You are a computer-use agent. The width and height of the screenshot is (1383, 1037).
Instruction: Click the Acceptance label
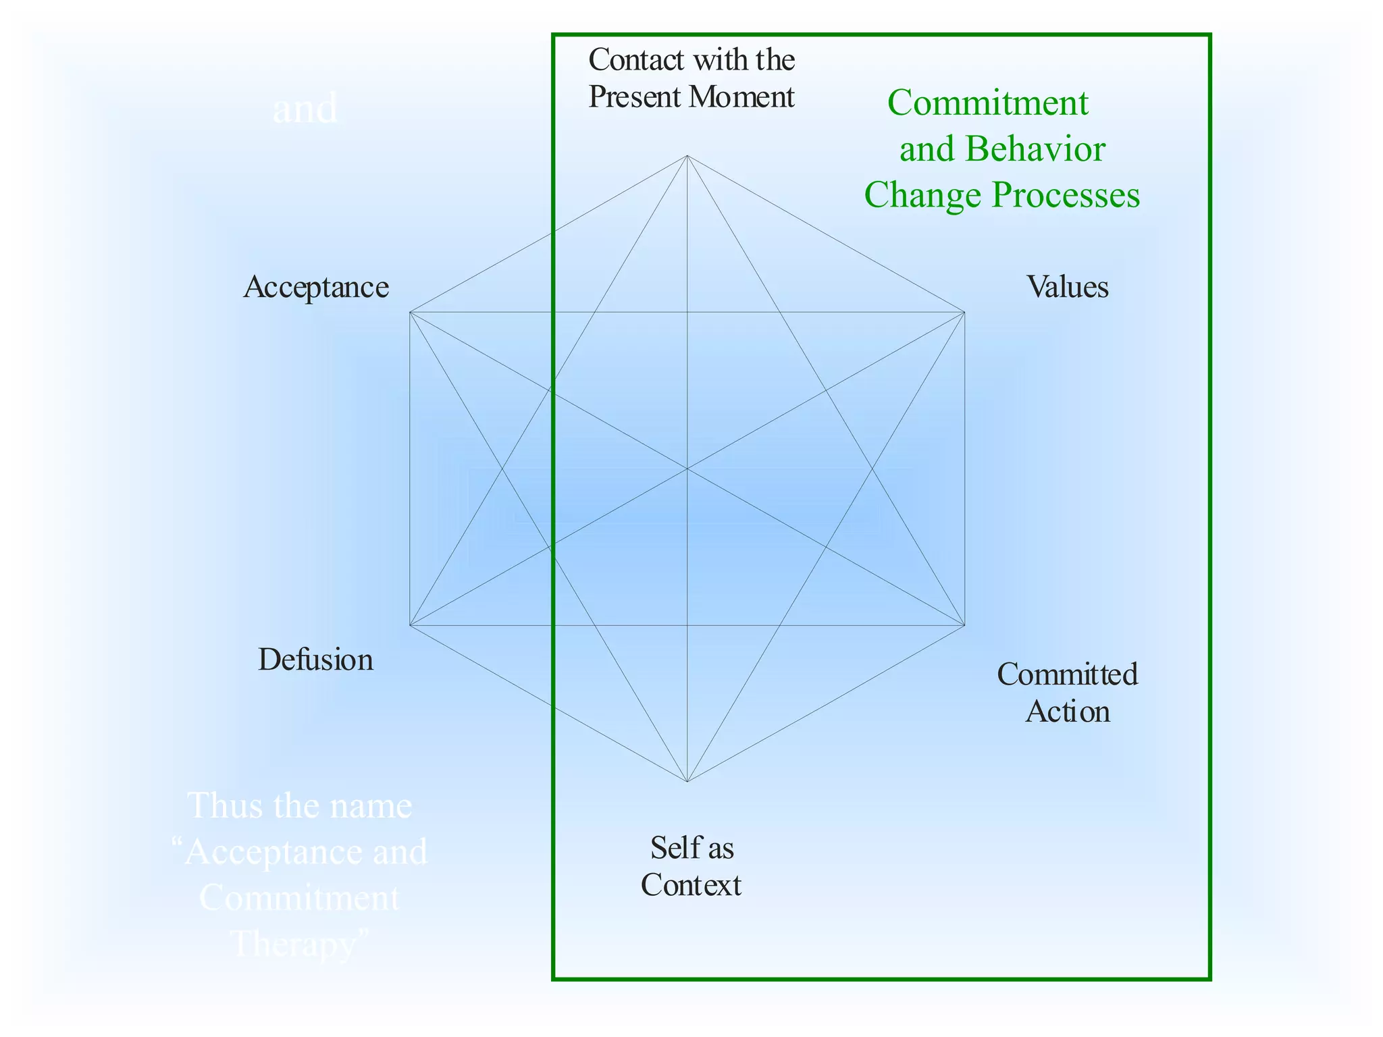[x=316, y=288]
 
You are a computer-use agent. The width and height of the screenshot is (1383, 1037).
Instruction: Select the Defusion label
[x=315, y=660]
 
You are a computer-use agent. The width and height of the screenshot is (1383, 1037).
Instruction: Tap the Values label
[x=1068, y=287]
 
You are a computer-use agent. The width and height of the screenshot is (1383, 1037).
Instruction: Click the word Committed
[x=1068, y=674]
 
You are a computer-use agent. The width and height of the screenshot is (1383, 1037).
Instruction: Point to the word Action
[x=1068, y=712]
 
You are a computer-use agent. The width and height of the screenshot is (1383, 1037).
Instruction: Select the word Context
[x=691, y=885]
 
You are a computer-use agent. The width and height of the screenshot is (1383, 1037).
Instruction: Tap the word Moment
[x=742, y=97]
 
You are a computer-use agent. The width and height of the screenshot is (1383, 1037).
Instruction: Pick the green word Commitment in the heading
[x=988, y=103]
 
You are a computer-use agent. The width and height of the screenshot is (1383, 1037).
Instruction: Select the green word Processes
[x=1066, y=195]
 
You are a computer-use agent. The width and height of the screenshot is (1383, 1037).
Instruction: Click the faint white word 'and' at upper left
[x=305, y=109]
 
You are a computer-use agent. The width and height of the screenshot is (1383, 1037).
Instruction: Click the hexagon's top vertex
[x=687, y=156]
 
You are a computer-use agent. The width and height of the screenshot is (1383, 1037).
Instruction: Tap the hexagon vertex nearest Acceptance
[x=410, y=313]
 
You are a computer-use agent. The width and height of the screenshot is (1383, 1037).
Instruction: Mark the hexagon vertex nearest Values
[x=964, y=313]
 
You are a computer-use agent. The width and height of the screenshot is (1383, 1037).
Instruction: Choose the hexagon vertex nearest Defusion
[x=410, y=625]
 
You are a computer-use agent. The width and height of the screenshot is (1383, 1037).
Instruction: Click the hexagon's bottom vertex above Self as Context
[x=687, y=782]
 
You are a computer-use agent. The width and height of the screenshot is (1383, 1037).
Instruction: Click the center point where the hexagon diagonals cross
[x=687, y=469]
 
